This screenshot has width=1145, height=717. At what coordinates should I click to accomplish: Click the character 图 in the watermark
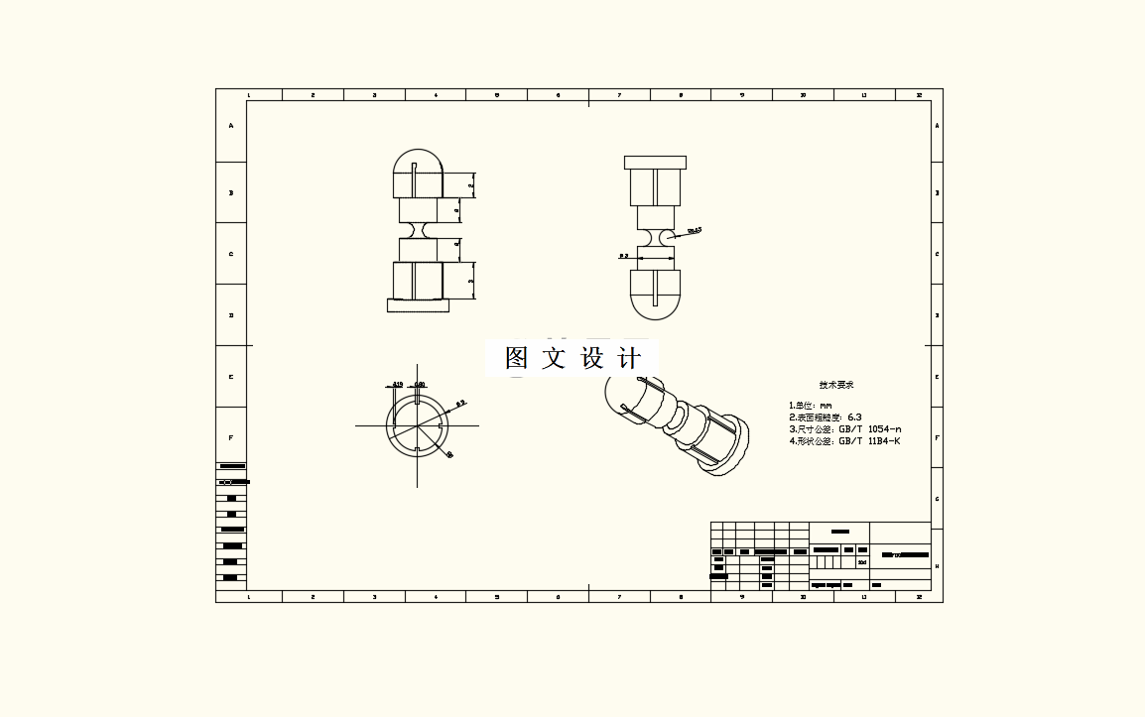tap(516, 358)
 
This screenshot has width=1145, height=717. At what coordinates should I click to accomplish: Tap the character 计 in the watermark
tap(629, 358)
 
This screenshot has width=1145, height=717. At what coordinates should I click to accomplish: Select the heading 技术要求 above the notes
tap(836, 385)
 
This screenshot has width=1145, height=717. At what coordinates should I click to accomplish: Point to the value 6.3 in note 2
tap(855, 418)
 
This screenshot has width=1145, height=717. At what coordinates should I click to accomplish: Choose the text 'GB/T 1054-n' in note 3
tap(870, 429)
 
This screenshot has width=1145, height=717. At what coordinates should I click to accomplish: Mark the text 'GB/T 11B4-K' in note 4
tap(869, 441)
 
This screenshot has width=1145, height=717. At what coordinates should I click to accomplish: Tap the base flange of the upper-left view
tap(418, 306)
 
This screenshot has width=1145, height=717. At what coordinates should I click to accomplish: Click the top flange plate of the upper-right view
tap(655, 163)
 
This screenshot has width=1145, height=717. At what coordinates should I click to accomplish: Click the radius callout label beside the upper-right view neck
tap(695, 230)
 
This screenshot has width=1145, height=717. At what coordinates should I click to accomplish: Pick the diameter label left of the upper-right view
tap(624, 255)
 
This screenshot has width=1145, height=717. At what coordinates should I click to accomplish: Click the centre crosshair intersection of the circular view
tap(418, 426)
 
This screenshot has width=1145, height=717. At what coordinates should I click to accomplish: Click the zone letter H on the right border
tap(938, 566)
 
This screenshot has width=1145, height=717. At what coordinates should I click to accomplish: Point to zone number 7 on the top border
tap(619, 95)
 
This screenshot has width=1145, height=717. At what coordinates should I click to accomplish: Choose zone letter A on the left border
tap(231, 126)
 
